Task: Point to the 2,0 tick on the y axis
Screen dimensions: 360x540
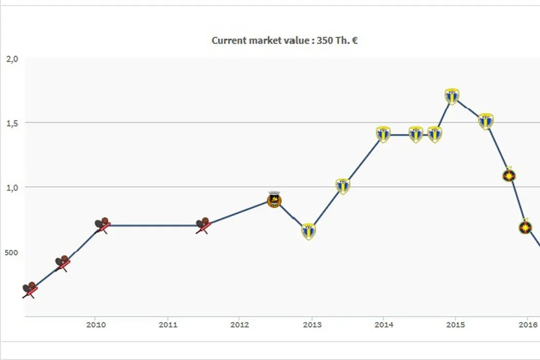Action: [x=12, y=59]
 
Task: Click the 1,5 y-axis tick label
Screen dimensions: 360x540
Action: [x=12, y=123]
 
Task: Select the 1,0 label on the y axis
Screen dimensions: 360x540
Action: [x=12, y=188]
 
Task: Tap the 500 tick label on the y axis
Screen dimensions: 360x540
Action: [x=12, y=253]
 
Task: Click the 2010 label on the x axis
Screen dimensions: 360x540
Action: [x=96, y=325]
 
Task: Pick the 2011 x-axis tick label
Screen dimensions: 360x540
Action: [x=168, y=325]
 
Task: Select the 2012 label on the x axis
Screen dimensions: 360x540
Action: [x=240, y=325]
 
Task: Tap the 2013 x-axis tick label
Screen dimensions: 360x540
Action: [x=312, y=325]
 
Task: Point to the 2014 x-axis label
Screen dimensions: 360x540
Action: [x=384, y=325]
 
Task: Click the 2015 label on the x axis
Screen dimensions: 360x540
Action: [x=456, y=325]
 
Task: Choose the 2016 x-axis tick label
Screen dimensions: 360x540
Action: [x=528, y=325]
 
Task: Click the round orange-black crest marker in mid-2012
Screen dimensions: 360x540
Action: [x=274, y=200]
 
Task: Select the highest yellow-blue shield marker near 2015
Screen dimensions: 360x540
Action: [x=452, y=96]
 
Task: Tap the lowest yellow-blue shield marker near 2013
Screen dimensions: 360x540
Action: [x=308, y=231]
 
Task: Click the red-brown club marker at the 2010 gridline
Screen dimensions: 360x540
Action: [x=102, y=225]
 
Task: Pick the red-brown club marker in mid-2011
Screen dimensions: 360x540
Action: [x=203, y=225]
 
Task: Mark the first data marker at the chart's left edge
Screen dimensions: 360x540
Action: [x=29, y=290]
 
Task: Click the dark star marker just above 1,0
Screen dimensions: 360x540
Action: [x=509, y=176]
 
